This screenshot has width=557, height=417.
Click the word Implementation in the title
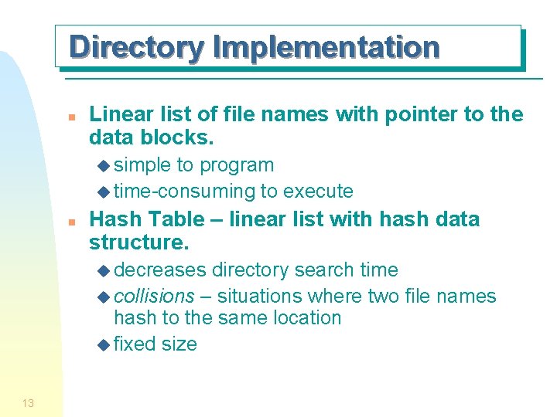point(326,47)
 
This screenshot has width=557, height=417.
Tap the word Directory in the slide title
point(136,47)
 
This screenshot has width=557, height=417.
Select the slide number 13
point(28,402)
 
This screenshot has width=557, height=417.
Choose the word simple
point(142,165)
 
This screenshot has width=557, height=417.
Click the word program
point(237,165)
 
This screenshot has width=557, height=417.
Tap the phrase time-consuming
point(184,191)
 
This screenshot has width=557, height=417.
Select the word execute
point(318,191)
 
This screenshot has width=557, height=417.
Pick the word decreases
point(160,270)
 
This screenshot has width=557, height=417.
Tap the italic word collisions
point(154,296)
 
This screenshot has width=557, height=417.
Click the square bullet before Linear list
point(70,117)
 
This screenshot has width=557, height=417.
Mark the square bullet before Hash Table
point(70,221)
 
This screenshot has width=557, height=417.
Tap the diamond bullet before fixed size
point(105,344)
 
